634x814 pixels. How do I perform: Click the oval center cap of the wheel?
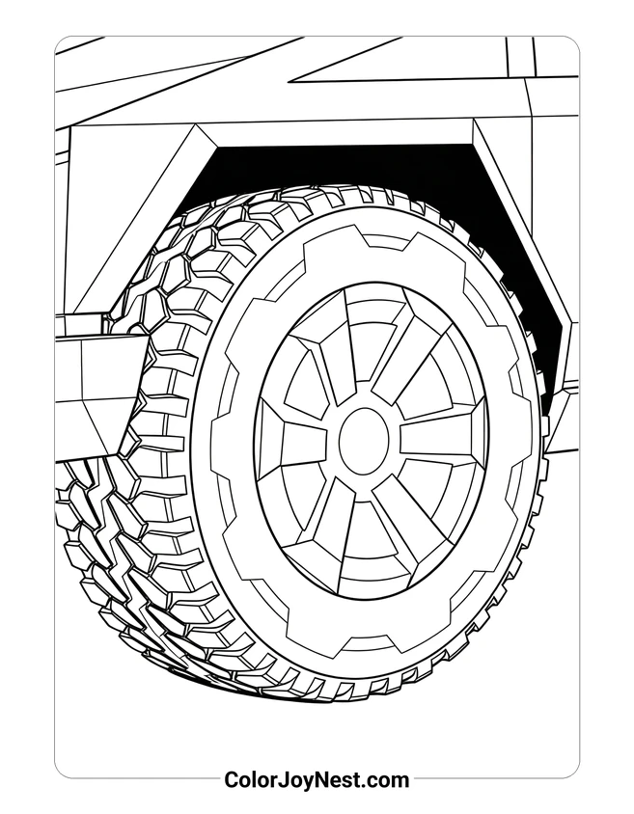[364, 441]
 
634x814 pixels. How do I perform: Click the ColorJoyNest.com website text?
[317, 779]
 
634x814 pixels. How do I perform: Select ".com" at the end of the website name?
[385, 779]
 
